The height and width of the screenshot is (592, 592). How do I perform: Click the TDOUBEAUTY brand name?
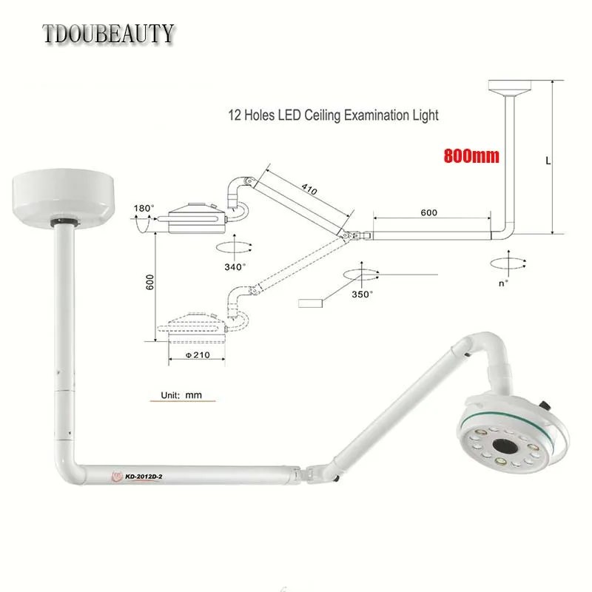pyautogui.click(x=108, y=33)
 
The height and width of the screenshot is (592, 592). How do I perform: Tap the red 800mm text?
pyautogui.click(x=471, y=155)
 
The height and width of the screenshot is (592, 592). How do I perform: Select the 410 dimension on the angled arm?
pyautogui.click(x=309, y=189)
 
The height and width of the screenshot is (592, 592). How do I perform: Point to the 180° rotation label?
pyautogui.click(x=144, y=208)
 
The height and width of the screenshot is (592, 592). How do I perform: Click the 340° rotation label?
pyautogui.click(x=235, y=267)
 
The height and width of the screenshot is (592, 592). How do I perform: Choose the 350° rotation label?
pyautogui.click(x=362, y=294)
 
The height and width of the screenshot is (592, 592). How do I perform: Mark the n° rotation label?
pyautogui.click(x=503, y=283)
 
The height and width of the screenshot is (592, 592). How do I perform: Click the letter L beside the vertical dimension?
pyautogui.click(x=548, y=161)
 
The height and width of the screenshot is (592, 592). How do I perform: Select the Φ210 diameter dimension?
pyautogui.click(x=198, y=355)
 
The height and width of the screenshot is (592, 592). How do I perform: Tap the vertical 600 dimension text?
pyautogui.click(x=150, y=282)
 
